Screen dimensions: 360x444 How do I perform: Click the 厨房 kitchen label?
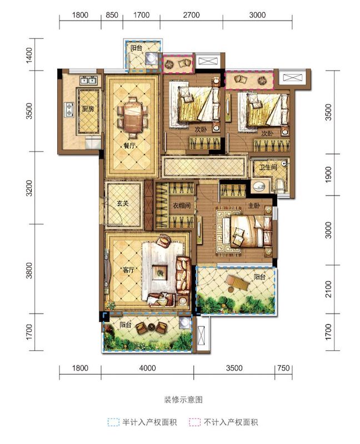click(x=88, y=109)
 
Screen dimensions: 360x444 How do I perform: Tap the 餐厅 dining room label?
click(x=129, y=146)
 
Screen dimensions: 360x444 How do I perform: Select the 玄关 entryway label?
click(x=123, y=204)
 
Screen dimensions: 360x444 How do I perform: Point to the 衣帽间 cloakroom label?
click(x=182, y=205)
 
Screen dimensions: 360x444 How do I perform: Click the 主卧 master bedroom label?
click(x=254, y=205)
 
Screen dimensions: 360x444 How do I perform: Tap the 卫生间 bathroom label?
click(x=268, y=168)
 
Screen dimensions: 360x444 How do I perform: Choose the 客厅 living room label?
click(x=128, y=270)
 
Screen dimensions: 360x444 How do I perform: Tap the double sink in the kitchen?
click(x=88, y=80)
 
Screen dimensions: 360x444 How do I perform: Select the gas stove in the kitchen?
click(x=69, y=109)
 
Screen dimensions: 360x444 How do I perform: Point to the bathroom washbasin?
click(x=258, y=186)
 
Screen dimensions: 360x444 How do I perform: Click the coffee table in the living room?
click(x=161, y=273)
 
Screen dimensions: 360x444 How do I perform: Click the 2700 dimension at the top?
click(x=191, y=15)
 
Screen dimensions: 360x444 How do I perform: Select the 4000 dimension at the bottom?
click(x=147, y=368)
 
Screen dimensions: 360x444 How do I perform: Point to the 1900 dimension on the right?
click(x=328, y=174)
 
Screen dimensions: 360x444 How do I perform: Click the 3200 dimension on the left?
click(x=29, y=188)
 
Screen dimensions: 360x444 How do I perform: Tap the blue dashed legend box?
click(x=113, y=422)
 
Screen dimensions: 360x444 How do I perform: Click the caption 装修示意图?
click(x=184, y=400)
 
